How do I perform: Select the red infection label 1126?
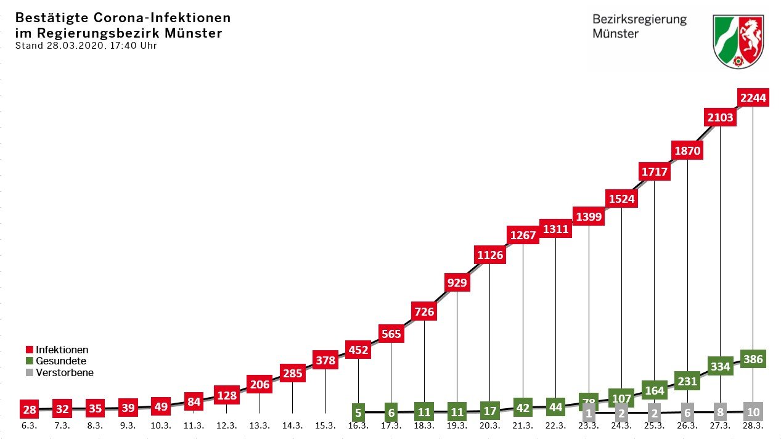pos(490,255)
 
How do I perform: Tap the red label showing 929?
pos(457,283)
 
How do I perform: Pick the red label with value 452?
pos(358,350)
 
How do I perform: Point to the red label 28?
pos(29,409)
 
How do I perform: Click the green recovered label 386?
pos(753,359)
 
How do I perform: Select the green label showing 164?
pos(654,391)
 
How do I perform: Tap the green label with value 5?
pos(358,412)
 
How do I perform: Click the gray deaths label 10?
pos(753,411)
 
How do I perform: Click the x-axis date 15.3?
pos(325,426)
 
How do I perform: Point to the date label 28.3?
pos(753,426)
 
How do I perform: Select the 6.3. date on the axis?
pos(29,426)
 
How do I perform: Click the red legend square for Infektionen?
pos(30,350)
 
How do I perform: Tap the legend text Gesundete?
pos(61,361)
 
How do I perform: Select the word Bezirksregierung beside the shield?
pos(639,19)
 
